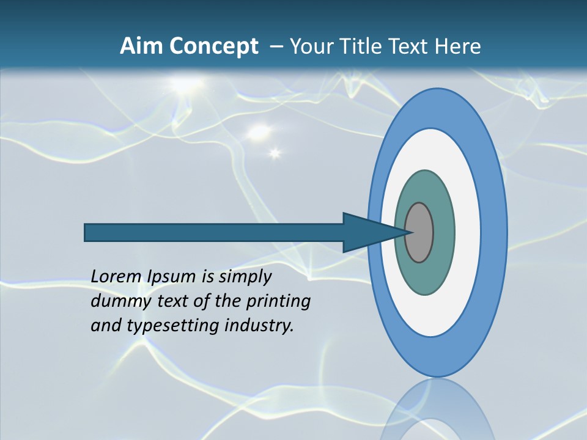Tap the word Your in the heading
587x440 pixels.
312,46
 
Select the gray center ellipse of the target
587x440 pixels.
419,232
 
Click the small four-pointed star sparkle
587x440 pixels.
275,153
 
